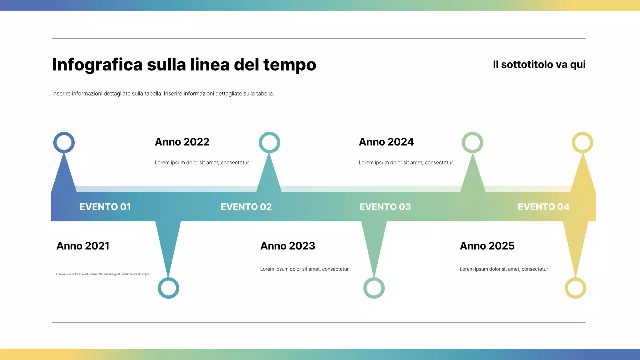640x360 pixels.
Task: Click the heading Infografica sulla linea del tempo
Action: click(184, 65)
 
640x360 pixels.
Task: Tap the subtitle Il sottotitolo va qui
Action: click(539, 65)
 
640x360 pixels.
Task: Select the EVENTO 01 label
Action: click(105, 207)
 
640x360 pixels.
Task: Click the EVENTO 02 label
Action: click(246, 207)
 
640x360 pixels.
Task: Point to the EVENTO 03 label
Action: click(385, 207)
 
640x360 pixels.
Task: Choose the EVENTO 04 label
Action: click(543, 207)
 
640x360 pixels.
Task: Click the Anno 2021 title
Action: click(83, 246)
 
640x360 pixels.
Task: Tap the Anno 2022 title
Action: click(182, 142)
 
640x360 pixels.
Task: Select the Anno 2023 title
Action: click(288, 246)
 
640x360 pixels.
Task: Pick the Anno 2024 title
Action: click(386, 142)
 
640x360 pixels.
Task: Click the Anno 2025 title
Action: click(487, 246)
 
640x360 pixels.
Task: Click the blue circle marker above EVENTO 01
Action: click(64, 142)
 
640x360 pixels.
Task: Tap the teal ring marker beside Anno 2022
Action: click(269, 142)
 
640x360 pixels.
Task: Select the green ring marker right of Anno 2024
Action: click(472, 142)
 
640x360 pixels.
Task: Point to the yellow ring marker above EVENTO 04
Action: click(582, 142)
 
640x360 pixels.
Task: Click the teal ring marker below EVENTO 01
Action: click(168, 288)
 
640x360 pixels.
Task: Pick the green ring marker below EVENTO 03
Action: click(374, 288)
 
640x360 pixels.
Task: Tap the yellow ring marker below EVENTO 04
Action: click(575, 288)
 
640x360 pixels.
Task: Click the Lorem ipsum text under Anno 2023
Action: click(304, 269)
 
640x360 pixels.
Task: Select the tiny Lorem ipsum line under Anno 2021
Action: click(103, 274)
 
